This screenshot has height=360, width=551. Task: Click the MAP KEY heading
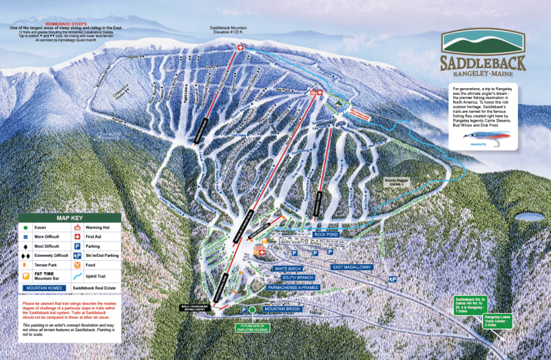coord(69,218)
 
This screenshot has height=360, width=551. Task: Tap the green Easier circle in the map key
coord(25,226)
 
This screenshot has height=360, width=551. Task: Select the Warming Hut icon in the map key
coord(78,226)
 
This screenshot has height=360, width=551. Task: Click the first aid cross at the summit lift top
coord(240,47)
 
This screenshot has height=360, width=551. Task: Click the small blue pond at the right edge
coord(528,217)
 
